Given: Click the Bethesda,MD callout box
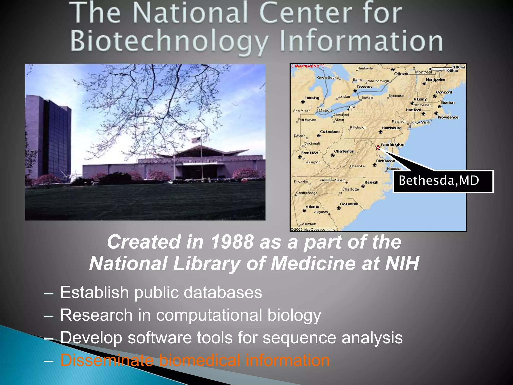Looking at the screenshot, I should pyautogui.click(x=443, y=181).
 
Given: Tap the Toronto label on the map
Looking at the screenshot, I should pyautogui.click(x=364, y=87).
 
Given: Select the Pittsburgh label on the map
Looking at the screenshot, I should pyautogui.click(x=358, y=127).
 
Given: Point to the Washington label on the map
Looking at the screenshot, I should pyautogui.click(x=392, y=145).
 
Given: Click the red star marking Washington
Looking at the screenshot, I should pyautogui.click(x=378, y=147).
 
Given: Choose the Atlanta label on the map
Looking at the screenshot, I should pyautogui.click(x=312, y=207).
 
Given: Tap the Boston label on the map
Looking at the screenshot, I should pyautogui.click(x=448, y=103).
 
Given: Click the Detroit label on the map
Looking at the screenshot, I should pyautogui.click(x=325, y=111).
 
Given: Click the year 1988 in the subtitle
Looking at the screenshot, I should pyautogui.click(x=232, y=242).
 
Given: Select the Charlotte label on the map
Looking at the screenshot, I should pyautogui.click(x=350, y=189).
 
